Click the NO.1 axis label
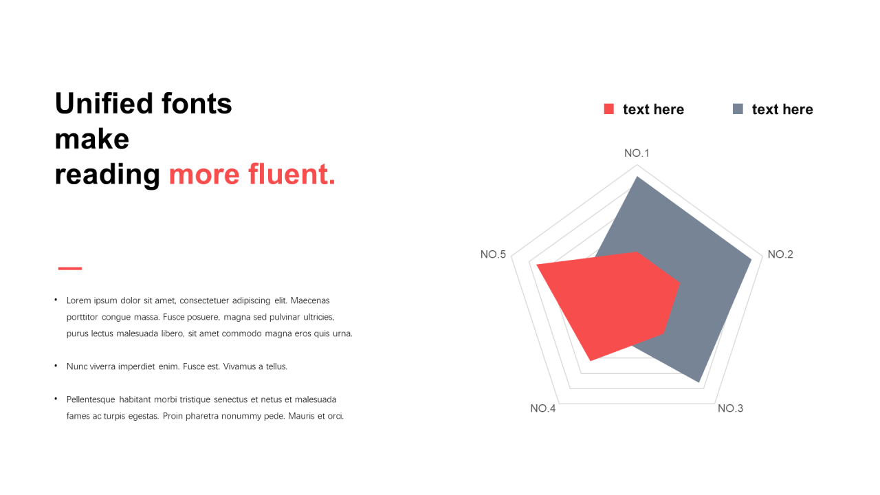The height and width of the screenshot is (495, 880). (637, 153)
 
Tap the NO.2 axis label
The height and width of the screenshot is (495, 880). (780, 254)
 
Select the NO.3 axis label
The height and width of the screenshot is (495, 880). (730, 408)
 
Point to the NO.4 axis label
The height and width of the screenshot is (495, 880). (543, 408)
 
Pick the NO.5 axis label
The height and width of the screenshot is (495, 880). (493, 254)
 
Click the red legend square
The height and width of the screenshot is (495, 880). (609, 109)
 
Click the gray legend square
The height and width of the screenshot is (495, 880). (738, 109)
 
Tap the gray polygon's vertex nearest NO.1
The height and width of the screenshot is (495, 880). (637, 177)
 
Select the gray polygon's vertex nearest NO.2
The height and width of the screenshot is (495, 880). (751, 259)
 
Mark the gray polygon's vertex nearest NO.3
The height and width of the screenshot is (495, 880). (699, 382)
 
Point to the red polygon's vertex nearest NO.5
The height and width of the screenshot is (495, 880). (537, 265)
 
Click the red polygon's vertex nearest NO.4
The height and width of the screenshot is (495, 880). (590, 360)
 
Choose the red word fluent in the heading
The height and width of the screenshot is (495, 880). (292, 174)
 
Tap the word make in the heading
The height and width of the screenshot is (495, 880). (92, 139)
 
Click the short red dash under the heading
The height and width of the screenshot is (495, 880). (70, 268)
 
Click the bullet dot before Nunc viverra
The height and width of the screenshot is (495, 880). (56, 366)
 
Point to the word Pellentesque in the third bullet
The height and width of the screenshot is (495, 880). (91, 399)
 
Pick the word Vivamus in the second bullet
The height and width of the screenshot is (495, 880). (240, 366)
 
